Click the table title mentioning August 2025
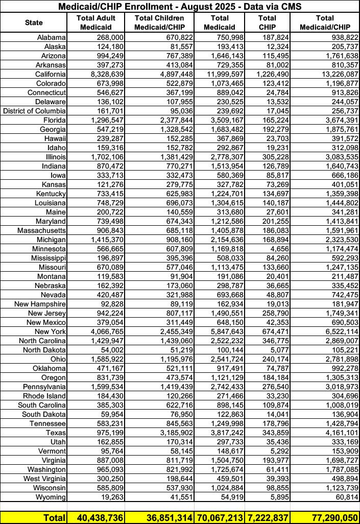180,7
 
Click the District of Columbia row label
34,111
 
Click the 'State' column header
34,22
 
